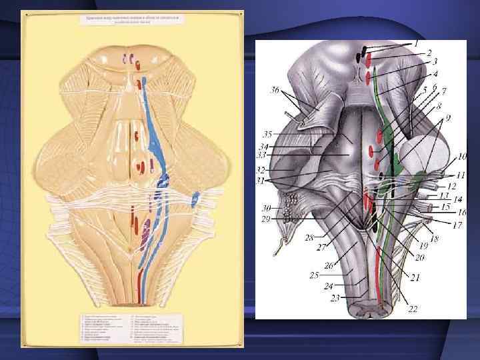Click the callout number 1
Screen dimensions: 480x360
(416, 43)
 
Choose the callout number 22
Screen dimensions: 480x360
(413, 308)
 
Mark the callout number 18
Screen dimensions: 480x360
(435, 239)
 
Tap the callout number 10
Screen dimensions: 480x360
(461, 158)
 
